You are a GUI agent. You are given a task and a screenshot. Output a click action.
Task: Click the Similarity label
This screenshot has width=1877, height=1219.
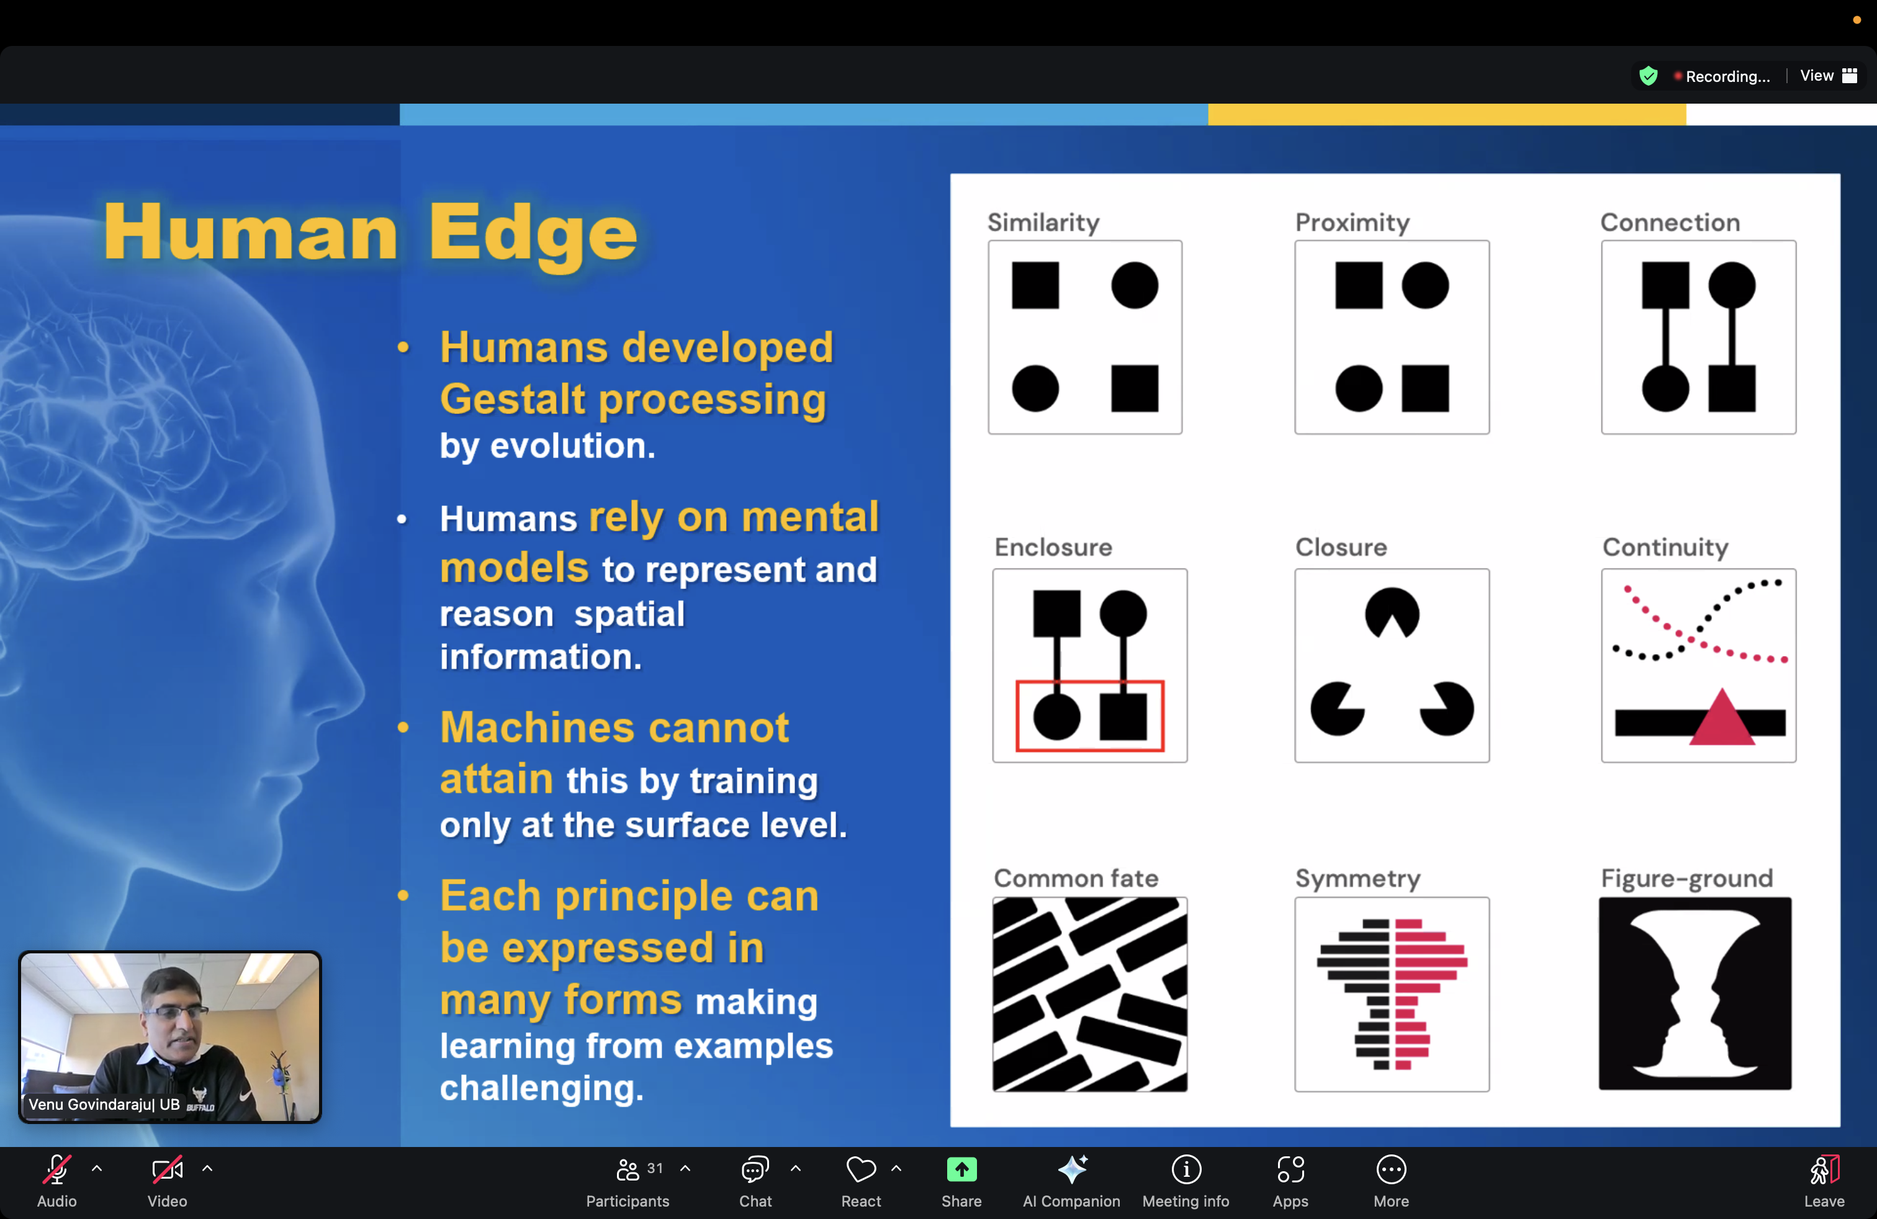pyautogui.click(x=1043, y=222)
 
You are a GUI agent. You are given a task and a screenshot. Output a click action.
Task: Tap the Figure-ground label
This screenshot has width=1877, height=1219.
pyautogui.click(x=1686, y=878)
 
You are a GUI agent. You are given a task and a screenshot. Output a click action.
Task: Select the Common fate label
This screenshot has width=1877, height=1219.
pyautogui.click(x=1076, y=878)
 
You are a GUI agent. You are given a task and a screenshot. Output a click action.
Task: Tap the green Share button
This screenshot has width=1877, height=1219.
pyautogui.click(x=961, y=1169)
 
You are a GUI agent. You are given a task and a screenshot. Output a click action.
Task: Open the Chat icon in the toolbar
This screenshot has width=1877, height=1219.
pyautogui.click(x=755, y=1169)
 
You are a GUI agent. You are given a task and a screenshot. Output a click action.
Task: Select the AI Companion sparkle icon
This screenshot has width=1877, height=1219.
pyautogui.click(x=1072, y=1169)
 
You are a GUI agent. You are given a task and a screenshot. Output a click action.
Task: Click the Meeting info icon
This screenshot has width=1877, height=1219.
pyautogui.click(x=1186, y=1169)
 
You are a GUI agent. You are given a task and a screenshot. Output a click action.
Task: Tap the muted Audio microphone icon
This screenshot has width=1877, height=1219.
pyautogui.click(x=56, y=1169)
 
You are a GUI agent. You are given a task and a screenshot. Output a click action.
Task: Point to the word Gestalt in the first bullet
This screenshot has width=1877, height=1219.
pyautogui.click(x=513, y=399)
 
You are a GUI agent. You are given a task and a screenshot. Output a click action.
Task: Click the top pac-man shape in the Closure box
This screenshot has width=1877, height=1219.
pyautogui.click(x=1392, y=613)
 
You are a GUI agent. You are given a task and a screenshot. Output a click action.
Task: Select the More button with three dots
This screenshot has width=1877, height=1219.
pyautogui.click(x=1391, y=1169)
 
